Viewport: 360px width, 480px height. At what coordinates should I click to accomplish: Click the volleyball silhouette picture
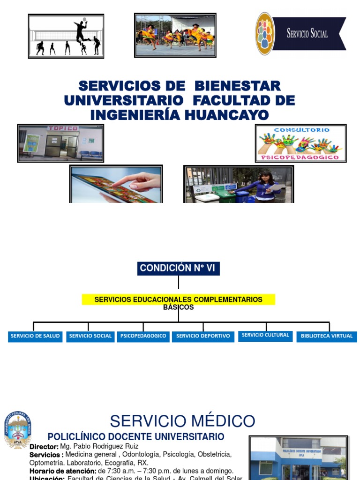(66, 36)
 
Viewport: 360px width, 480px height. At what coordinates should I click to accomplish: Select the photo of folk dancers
(175, 35)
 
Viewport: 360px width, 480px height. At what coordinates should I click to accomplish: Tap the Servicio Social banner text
(307, 33)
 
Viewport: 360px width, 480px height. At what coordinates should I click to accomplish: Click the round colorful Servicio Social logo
(265, 33)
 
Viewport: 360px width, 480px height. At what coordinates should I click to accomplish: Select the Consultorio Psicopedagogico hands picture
(300, 143)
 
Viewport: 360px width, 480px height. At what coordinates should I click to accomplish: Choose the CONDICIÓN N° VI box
(179, 268)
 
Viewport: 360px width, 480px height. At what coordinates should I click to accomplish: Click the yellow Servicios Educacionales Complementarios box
(178, 300)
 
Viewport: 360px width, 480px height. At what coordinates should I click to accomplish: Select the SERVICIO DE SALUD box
(35, 336)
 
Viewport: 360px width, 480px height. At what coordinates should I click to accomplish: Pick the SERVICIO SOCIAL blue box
(90, 336)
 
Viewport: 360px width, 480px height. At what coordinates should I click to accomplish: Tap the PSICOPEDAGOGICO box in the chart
(143, 336)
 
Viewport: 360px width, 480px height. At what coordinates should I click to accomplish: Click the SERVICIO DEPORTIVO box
(203, 336)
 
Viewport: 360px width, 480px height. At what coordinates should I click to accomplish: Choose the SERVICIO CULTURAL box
(265, 335)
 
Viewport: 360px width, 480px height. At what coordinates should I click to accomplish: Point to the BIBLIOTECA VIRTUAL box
(327, 336)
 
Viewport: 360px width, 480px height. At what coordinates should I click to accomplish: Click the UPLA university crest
(18, 430)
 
